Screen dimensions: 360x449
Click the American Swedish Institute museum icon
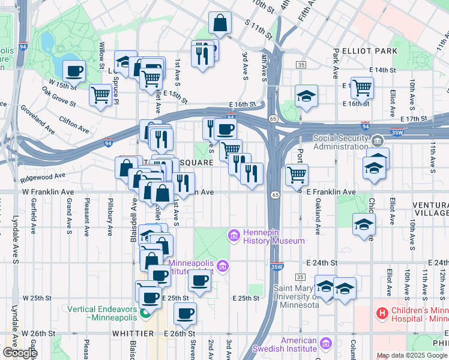(325, 344)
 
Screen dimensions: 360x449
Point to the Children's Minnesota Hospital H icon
(381, 313)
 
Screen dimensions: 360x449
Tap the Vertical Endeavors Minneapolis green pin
(144, 313)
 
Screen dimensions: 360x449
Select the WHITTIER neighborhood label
(132, 333)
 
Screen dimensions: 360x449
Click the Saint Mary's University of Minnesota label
(296, 296)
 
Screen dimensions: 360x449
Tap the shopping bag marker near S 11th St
(220, 24)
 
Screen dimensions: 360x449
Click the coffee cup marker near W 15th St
(74, 71)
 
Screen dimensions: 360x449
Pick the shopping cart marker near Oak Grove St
(101, 94)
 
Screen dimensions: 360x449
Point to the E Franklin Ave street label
(331, 192)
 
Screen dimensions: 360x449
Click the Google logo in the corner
(19, 353)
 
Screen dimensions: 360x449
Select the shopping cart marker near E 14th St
(362, 88)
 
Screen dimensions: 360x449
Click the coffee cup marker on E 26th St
(185, 313)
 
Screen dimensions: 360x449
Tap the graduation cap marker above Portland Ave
(306, 97)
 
